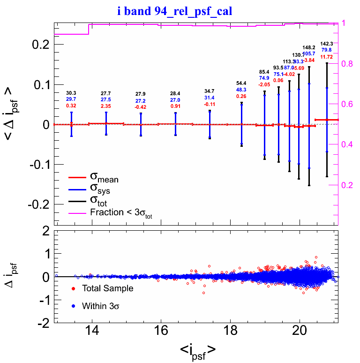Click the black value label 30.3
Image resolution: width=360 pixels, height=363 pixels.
point(71,93)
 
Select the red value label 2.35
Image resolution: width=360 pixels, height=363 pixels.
point(106,106)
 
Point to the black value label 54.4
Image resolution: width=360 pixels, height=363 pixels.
point(241,83)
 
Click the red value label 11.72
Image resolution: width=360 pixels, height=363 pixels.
point(327,57)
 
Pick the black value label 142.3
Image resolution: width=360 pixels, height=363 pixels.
point(327,43)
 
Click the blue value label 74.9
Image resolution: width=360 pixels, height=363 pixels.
point(264,78)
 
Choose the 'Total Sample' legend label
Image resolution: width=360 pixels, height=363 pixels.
point(107,288)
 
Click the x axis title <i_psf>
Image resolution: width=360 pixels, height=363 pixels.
point(197,349)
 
